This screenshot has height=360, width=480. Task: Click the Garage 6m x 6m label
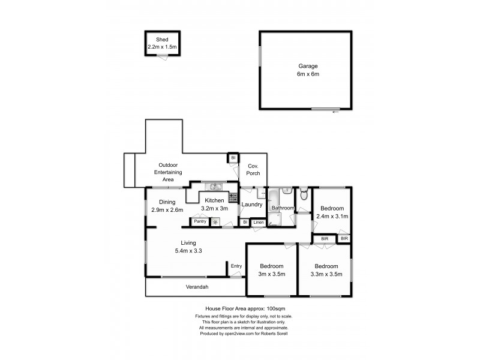click(308, 66)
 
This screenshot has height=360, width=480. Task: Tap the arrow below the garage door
click(335, 112)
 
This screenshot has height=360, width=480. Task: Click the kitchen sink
click(212, 185)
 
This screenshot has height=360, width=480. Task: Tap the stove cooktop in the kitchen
click(232, 196)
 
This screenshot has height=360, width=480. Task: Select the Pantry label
click(200, 221)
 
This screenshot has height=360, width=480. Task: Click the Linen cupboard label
click(258, 223)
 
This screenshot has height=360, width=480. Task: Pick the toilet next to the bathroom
click(304, 193)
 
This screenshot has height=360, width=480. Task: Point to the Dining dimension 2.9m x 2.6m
click(167, 210)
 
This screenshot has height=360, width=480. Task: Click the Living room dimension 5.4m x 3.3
click(184, 251)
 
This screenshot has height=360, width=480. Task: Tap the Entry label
click(236, 266)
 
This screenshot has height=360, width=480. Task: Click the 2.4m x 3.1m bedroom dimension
click(332, 217)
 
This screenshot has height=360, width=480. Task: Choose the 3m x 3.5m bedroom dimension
click(272, 274)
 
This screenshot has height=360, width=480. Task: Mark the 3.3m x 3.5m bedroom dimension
click(326, 274)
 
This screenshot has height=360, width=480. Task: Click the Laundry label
click(252, 205)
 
